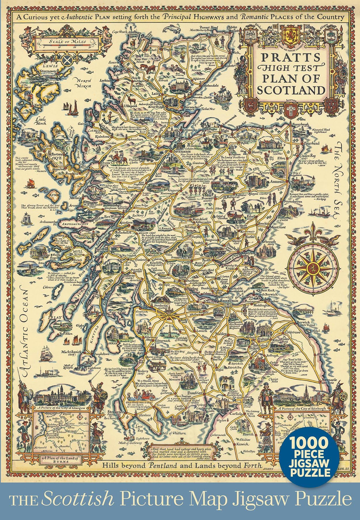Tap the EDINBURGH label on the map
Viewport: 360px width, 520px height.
pyautogui.click(x=227, y=301)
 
